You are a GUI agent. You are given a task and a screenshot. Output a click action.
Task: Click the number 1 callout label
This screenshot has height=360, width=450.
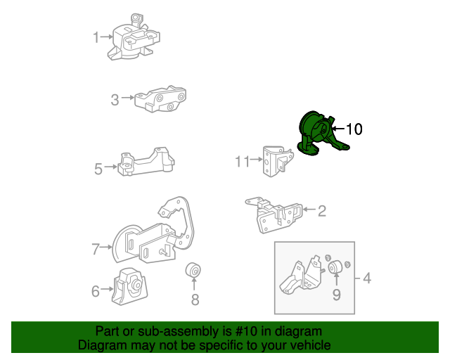96,37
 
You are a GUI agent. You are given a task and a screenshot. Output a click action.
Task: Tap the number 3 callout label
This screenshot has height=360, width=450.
115,101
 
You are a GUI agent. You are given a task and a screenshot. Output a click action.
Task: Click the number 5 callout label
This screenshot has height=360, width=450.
98,168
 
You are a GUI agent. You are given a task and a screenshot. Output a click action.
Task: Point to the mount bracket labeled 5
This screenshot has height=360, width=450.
145,165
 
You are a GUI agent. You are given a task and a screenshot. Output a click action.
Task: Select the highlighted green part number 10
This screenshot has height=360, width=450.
319,134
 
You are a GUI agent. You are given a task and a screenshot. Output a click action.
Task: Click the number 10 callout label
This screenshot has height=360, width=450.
354,129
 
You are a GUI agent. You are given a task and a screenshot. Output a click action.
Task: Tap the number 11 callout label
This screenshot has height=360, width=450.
242,162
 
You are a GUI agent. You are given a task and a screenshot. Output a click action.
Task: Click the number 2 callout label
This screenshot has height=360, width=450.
321,210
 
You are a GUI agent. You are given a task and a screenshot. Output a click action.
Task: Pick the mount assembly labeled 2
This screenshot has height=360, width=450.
275,213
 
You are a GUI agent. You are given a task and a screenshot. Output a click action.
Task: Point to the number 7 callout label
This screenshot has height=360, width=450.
96,248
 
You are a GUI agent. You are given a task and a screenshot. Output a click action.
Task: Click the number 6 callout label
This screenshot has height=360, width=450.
96,289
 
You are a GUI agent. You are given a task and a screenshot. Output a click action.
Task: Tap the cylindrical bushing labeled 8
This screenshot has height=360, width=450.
194,270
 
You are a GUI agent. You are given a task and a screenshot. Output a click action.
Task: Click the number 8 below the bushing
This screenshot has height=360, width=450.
195,300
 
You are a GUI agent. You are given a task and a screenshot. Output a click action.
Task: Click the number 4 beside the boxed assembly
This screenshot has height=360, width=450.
366,278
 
